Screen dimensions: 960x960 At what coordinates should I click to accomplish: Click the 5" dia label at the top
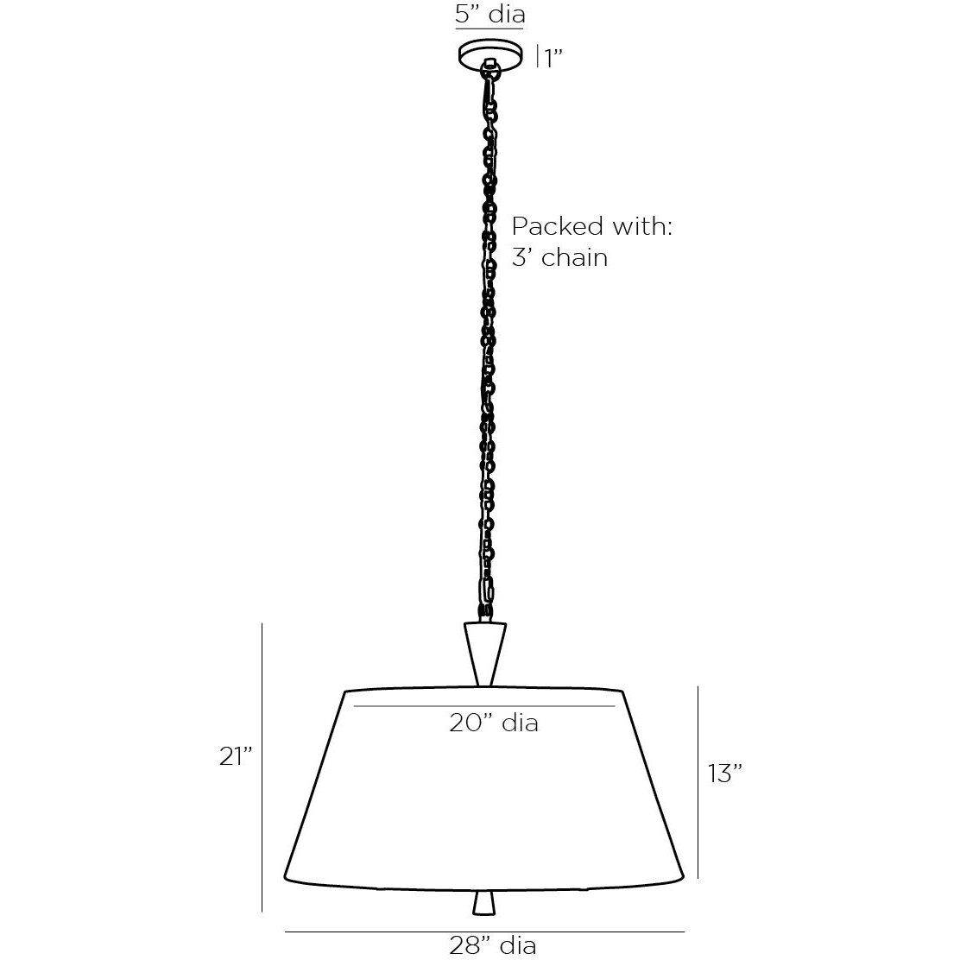click(489, 15)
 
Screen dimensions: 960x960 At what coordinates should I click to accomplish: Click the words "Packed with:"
click(591, 227)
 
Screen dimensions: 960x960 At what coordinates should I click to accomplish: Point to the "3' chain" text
click(559, 256)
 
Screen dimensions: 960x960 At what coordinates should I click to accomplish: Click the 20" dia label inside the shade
click(493, 722)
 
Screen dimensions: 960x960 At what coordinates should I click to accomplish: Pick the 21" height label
click(234, 756)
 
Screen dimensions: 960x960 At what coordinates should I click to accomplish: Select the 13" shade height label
click(725, 774)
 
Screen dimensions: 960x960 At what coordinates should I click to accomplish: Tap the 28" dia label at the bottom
click(493, 945)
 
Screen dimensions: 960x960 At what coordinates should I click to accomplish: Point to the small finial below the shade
click(485, 902)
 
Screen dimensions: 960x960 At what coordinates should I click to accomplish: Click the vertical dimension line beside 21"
click(262, 768)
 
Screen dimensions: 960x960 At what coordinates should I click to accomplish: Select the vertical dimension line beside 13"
click(697, 782)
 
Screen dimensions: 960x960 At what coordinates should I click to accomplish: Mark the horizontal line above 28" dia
click(483, 932)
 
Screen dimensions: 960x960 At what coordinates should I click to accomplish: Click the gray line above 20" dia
click(489, 705)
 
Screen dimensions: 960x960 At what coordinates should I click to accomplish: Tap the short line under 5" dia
click(489, 30)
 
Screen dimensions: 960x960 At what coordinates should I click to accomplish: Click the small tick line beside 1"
click(538, 57)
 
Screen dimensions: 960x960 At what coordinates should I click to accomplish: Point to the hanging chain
click(489, 345)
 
